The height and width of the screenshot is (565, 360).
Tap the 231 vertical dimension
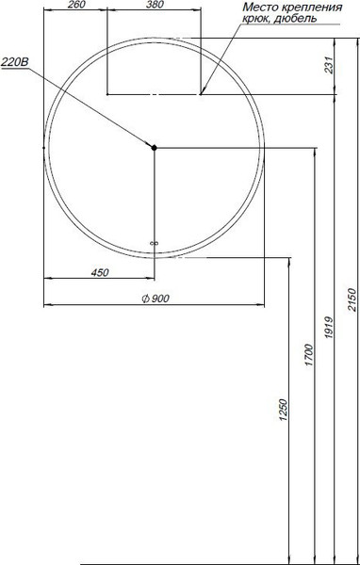coord(328,65)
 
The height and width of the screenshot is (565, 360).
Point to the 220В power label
coord(13,62)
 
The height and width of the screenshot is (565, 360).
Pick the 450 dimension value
coord(99,272)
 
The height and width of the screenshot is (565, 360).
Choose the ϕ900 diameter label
coord(153,299)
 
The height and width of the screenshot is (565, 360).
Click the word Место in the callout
coord(261,8)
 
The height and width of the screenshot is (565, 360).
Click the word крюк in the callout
coord(255,21)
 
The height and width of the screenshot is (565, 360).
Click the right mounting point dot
coord(201,93)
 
